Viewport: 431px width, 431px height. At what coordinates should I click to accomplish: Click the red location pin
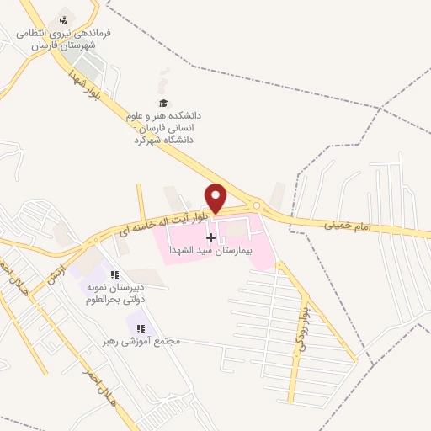[x=216, y=197]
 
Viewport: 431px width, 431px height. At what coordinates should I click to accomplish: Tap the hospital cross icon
[x=210, y=238]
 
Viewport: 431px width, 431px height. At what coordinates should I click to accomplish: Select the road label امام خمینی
[x=346, y=225]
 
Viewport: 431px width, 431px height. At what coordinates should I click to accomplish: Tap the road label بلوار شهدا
[x=85, y=82]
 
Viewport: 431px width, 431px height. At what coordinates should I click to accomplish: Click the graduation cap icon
[x=162, y=103]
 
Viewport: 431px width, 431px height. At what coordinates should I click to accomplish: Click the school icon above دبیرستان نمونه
[x=114, y=274]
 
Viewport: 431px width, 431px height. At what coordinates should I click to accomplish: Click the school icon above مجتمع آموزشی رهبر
[x=141, y=328]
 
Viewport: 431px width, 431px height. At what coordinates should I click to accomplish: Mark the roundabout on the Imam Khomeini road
[x=256, y=205]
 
